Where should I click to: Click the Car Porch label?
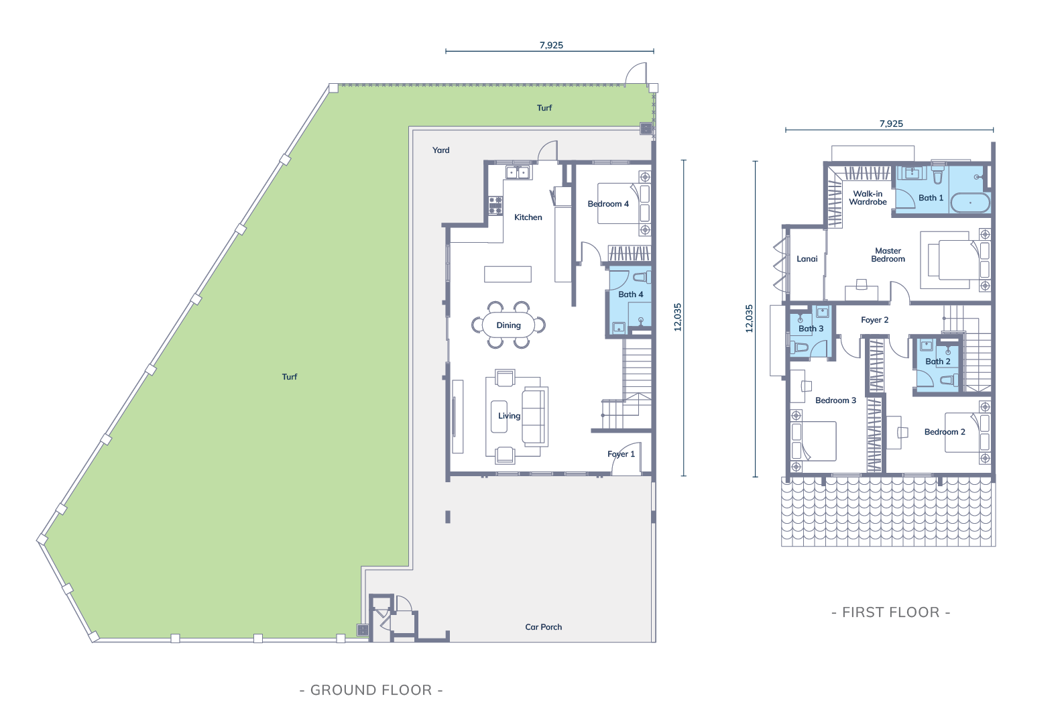[x=543, y=627]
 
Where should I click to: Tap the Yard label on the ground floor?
[x=440, y=150]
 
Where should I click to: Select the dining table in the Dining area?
[x=508, y=325]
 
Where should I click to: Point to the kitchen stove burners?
[x=495, y=205]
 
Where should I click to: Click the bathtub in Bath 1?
[x=971, y=203]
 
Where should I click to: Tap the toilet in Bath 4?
[x=642, y=277]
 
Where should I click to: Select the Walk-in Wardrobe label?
[x=868, y=198]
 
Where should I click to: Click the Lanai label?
[x=807, y=259]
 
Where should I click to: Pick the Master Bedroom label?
[x=888, y=255]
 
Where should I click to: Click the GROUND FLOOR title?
[x=371, y=690]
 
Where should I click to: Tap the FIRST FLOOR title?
[x=891, y=612]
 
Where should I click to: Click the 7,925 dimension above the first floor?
[x=891, y=124]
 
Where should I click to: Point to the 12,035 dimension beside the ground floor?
[x=678, y=317]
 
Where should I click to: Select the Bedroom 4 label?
[x=608, y=204]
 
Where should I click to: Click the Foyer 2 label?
[x=875, y=320]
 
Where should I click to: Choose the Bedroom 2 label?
[x=945, y=432]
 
